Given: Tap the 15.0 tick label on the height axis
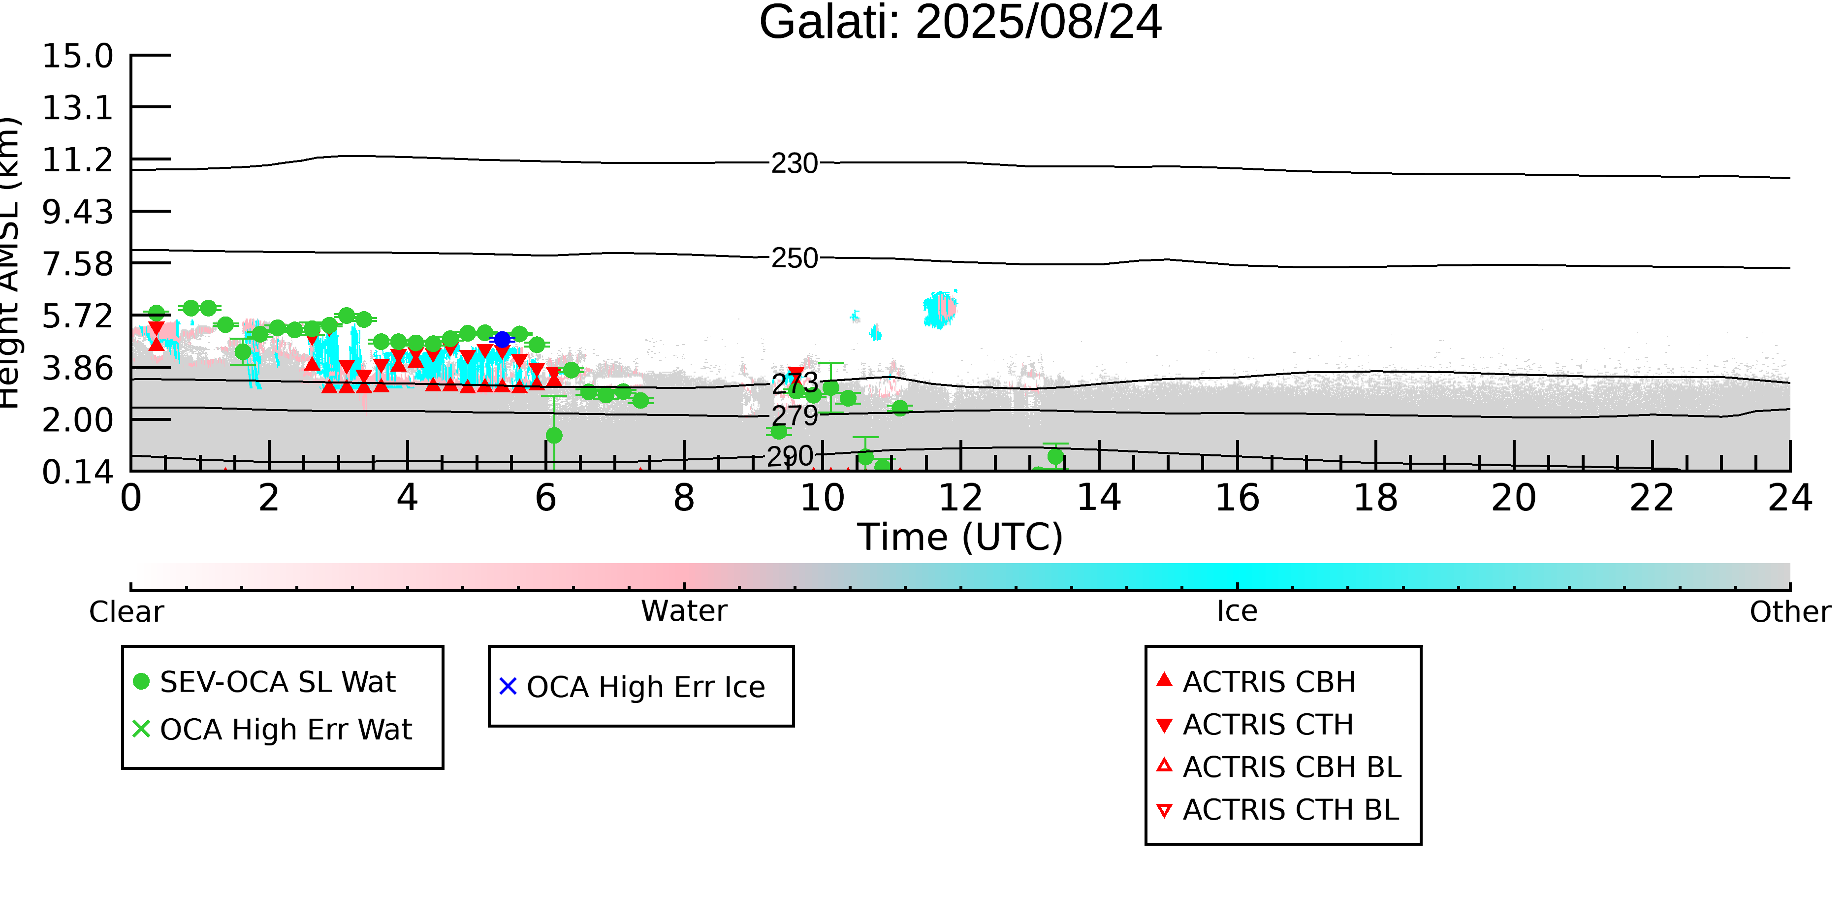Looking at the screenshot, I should [x=77, y=56].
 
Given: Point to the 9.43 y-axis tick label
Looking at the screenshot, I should [x=77, y=212].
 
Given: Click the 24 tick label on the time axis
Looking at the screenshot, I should [x=1789, y=498].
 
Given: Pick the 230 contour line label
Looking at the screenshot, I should [x=794, y=164].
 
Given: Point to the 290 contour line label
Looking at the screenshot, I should [x=790, y=456].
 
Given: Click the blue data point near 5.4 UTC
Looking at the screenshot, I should [x=502, y=340].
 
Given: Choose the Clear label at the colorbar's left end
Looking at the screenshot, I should [x=126, y=612].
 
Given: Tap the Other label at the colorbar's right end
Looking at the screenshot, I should [x=1789, y=612].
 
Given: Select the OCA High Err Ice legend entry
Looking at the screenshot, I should [x=645, y=687].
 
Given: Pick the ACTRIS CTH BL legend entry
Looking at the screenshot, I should [x=1290, y=810].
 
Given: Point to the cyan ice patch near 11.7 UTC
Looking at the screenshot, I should [x=939, y=310].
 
